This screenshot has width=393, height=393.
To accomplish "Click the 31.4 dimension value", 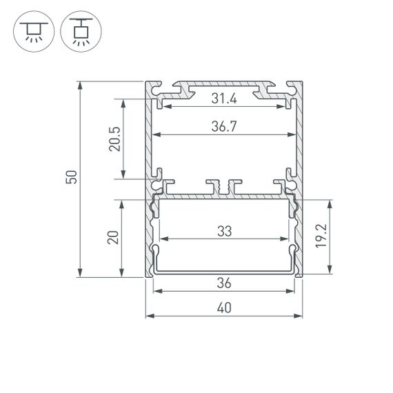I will click(224, 99).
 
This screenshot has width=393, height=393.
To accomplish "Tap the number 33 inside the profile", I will click(224, 232).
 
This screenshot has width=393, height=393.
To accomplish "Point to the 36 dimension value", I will click(224, 283).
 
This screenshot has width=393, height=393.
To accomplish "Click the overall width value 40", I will click(224, 308).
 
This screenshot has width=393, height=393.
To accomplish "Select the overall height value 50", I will click(71, 178).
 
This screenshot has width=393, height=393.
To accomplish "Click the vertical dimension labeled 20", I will click(114, 238).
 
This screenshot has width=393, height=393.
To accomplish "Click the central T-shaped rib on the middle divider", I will click(224, 186).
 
